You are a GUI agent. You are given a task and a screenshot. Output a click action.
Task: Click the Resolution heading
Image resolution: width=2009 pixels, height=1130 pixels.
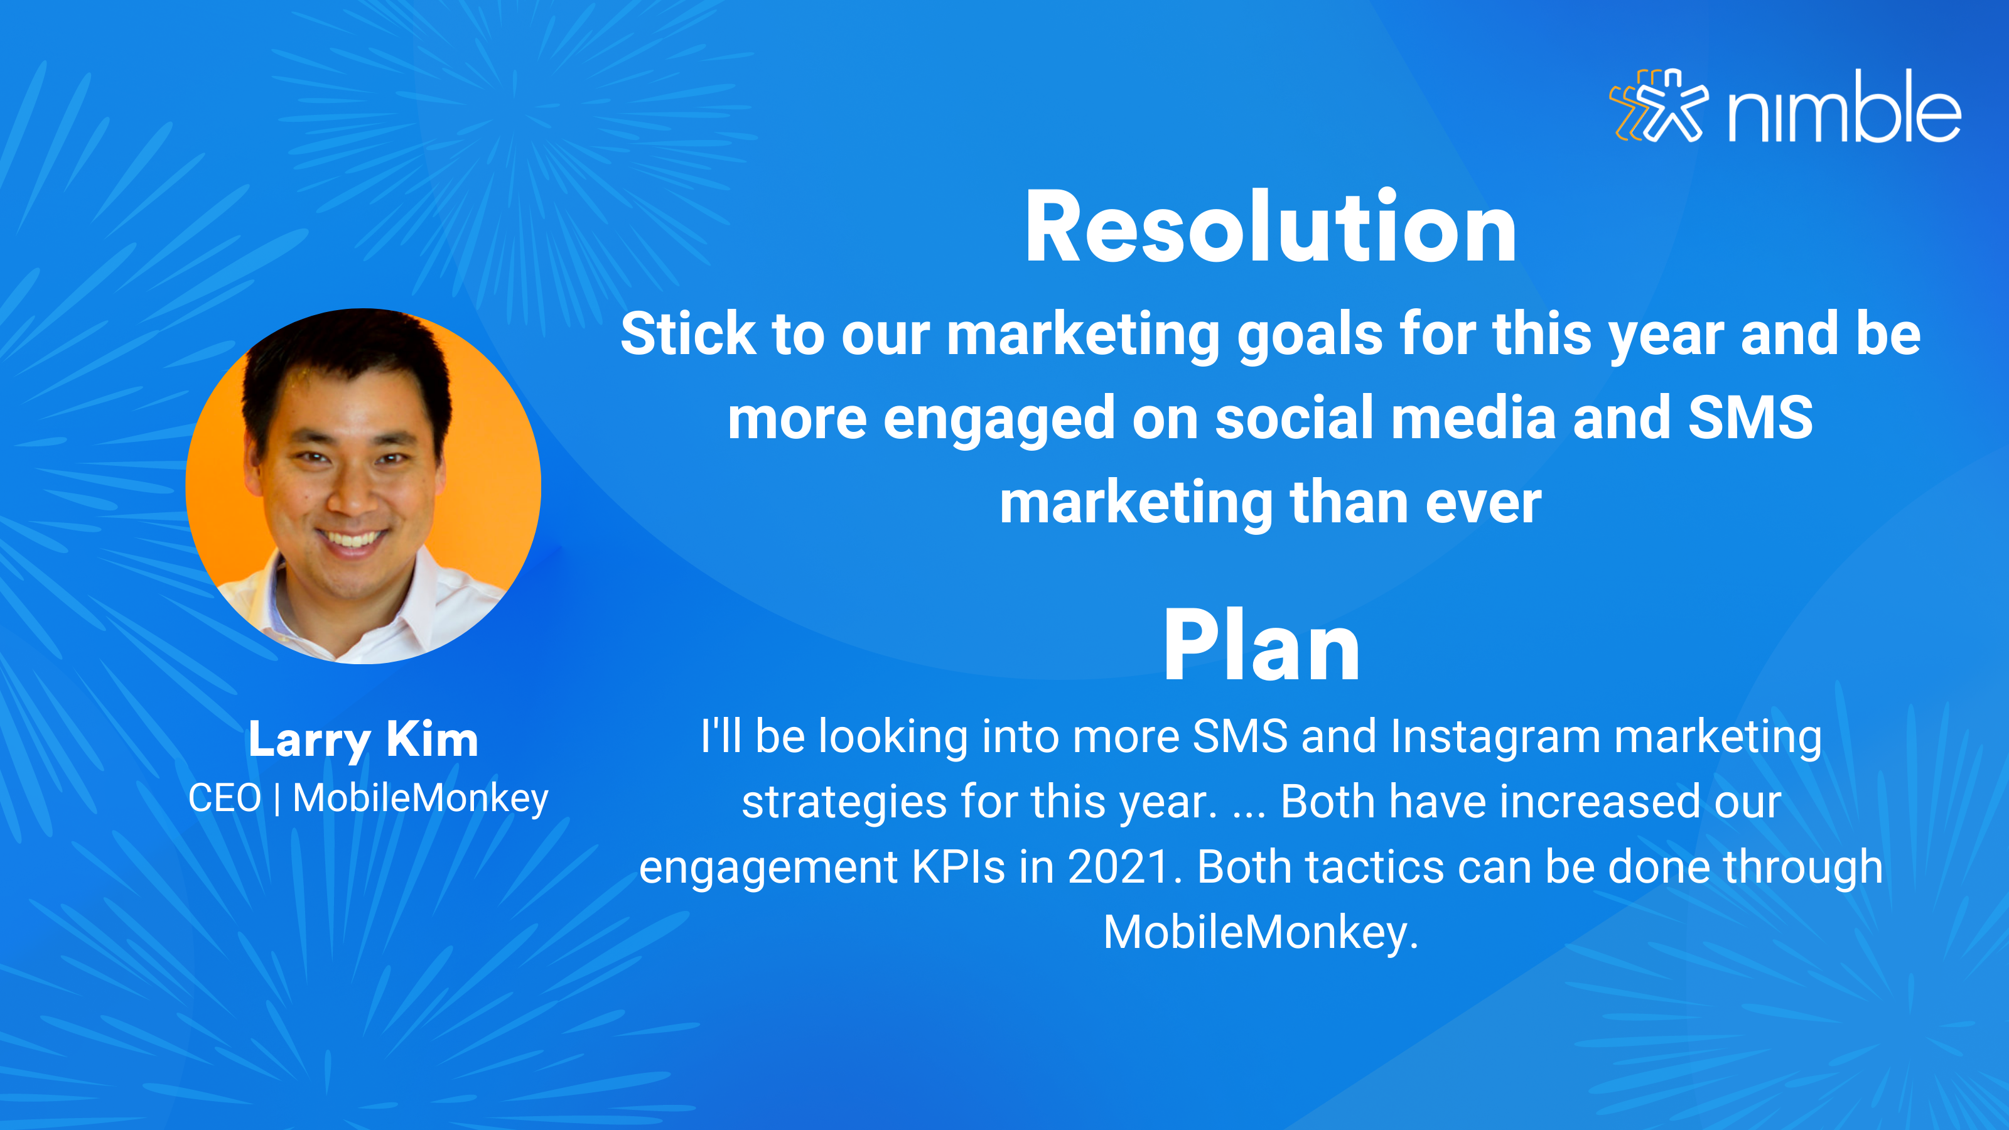[x=1271, y=228]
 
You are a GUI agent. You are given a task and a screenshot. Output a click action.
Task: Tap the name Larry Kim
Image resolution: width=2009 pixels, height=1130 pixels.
[x=363, y=740]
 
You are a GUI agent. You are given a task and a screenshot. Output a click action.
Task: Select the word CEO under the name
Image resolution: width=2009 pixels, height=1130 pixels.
[x=225, y=799]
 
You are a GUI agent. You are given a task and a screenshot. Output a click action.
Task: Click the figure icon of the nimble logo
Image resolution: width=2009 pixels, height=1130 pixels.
[x=1659, y=105]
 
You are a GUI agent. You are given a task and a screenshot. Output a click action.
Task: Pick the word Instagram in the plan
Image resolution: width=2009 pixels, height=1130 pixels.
[x=1495, y=738]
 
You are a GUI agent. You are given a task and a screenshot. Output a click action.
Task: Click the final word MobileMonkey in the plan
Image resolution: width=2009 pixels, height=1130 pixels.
[x=1260, y=933]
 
